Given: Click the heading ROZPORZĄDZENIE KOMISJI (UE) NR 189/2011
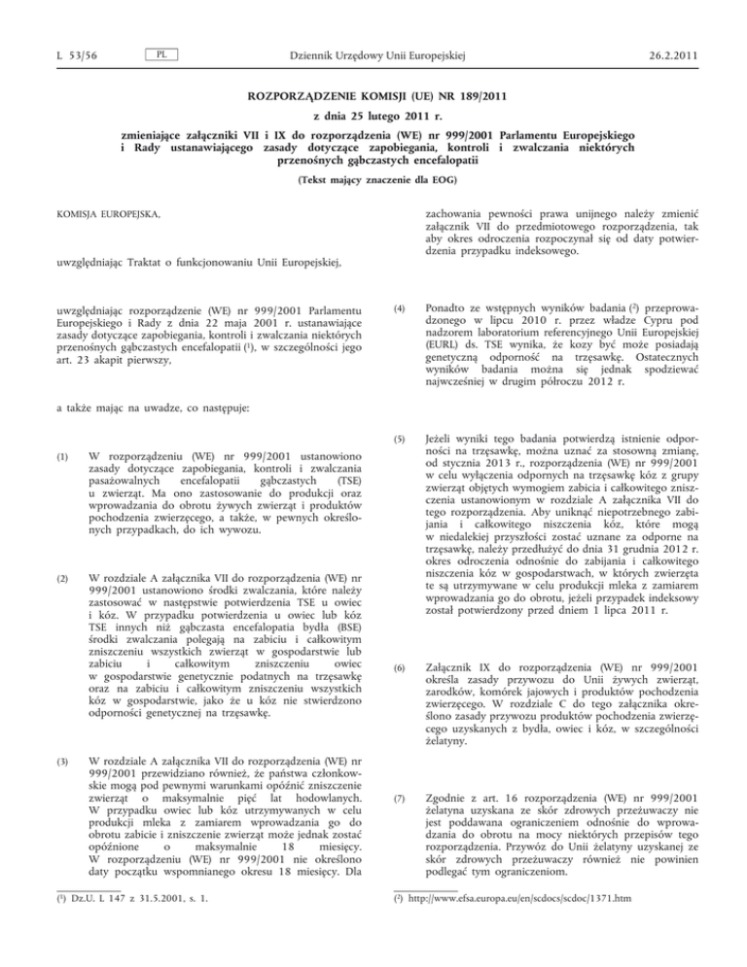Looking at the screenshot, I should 373,98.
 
